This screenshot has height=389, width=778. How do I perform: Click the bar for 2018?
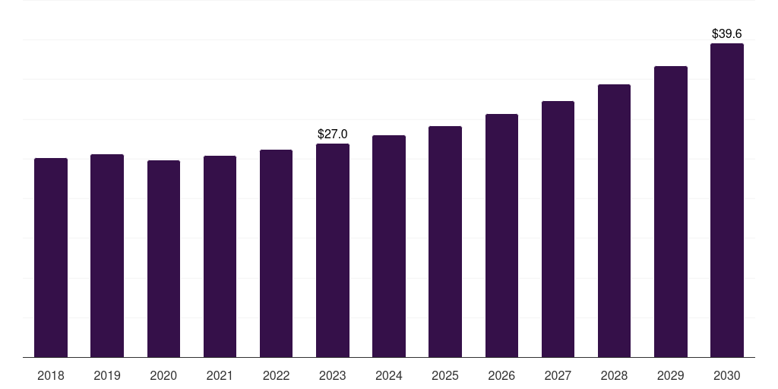(x=51, y=258)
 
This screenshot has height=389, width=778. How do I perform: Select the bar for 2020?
(x=163, y=258)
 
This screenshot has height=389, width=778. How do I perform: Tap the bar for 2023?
(x=333, y=251)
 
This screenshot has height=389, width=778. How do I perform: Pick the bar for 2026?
(x=501, y=236)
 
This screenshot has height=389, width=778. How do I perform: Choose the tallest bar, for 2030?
(x=727, y=201)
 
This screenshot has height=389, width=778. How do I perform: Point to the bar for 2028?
(x=614, y=221)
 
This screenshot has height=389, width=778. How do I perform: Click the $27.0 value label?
(x=333, y=134)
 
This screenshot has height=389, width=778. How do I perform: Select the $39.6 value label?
(x=727, y=33)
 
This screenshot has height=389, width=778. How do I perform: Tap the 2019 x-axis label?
(x=107, y=376)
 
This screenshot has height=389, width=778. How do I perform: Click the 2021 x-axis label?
(x=220, y=376)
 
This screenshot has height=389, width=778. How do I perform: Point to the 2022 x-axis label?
(x=276, y=376)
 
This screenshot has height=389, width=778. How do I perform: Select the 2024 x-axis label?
(x=389, y=376)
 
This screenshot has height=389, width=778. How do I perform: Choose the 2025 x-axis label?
(x=445, y=376)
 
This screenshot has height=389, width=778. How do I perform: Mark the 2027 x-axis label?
(x=558, y=376)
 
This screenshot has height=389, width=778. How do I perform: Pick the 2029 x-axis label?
(x=671, y=376)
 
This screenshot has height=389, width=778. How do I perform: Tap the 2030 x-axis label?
(x=727, y=376)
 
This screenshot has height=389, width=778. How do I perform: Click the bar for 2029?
(x=671, y=212)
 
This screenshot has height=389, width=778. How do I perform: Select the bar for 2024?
(x=389, y=246)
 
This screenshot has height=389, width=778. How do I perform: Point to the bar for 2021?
(x=220, y=257)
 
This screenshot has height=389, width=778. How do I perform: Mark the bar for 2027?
(x=558, y=229)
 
